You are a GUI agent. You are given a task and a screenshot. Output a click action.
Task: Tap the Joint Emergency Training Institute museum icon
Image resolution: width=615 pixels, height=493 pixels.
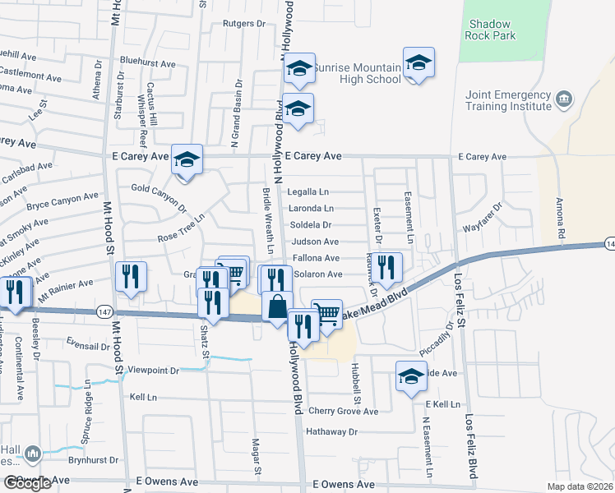click(x=564, y=100)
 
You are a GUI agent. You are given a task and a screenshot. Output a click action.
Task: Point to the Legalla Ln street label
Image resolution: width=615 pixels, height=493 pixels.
click(x=308, y=191)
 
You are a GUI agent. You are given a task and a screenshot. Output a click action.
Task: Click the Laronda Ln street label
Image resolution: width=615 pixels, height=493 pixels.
click(x=311, y=209)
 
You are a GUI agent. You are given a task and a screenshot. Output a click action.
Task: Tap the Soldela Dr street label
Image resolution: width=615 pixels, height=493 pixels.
click(x=311, y=224)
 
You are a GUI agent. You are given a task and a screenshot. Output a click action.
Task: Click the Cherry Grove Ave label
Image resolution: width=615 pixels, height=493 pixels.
click(x=343, y=412)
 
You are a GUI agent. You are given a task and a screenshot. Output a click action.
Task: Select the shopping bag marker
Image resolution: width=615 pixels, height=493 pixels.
click(x=278, y=306)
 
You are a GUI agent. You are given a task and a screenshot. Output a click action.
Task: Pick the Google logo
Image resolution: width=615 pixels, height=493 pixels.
click(x=26, y=483)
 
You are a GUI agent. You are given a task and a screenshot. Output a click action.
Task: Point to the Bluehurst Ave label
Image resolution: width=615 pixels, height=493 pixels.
click(x=147, y=62)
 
